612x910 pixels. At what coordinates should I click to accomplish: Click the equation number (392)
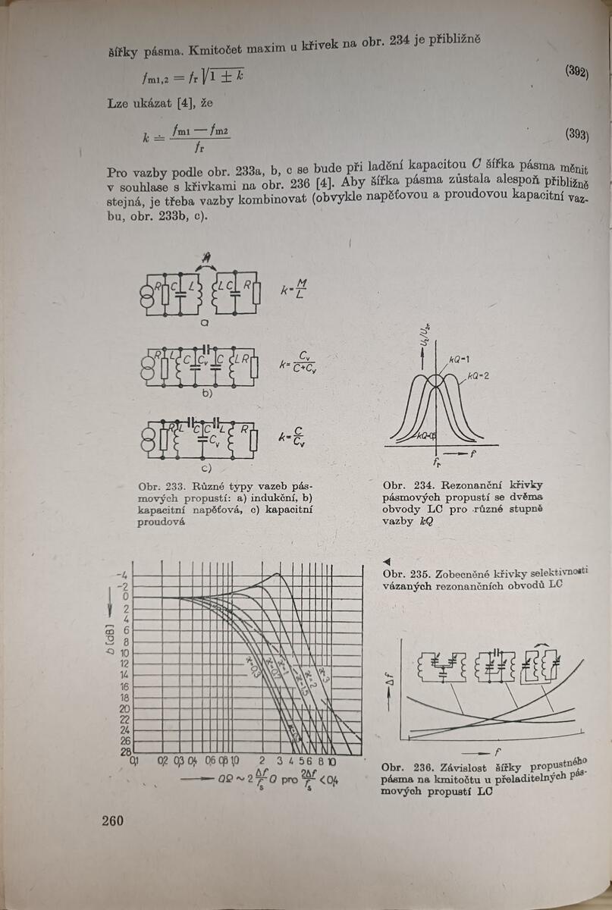[x=576, y=71]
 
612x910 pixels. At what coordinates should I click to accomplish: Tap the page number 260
[x=112, y=820]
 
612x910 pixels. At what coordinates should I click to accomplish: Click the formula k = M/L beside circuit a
[x=294, y=289]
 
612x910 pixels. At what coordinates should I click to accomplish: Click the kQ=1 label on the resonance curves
[x=457, y=357]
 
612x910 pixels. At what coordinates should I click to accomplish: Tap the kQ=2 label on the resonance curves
[x=479, y=375]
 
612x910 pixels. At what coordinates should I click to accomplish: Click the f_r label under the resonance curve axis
[x=438, y=462]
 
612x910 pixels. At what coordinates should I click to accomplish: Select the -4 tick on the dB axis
[x=124, y=576]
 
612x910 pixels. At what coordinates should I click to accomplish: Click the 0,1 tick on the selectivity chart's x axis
[x=136, y=760]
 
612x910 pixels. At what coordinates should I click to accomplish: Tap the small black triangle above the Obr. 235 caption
[x=387, y=561]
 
